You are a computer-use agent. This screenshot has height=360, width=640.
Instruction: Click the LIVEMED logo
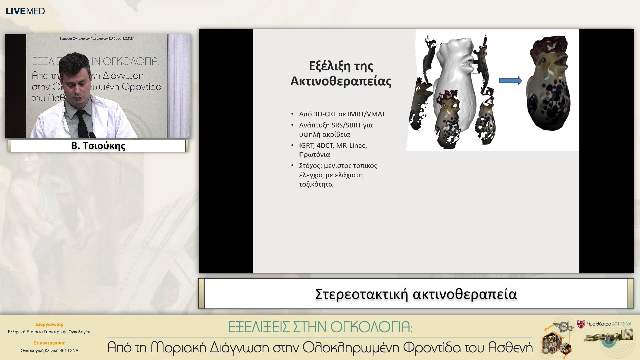pos(25,11)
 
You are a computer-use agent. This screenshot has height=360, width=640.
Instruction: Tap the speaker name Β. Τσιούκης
pos(98,146)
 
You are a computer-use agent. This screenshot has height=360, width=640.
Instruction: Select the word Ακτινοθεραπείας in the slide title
pos(341,81)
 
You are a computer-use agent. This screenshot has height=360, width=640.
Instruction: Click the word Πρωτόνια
pos(314,155)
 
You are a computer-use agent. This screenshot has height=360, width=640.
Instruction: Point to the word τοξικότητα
pos(316,184)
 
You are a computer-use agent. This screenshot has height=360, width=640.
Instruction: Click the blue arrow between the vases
pos(510,81)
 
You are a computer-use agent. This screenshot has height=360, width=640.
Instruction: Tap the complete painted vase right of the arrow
pos(548,83)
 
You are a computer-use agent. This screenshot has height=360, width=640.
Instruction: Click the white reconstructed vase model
pos(455,80)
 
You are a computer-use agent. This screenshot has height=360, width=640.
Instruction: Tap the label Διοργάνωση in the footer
pos(49,324)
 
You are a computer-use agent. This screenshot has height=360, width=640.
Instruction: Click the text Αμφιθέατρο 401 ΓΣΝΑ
pos(609,324)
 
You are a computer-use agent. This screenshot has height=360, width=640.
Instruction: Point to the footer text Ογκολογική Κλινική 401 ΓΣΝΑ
pos(49,350)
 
